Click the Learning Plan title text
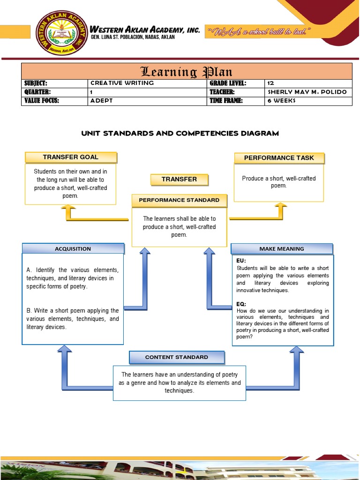click(187, 72)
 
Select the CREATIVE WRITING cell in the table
click(122, 83)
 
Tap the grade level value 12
click(270, 83)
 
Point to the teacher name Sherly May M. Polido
click(307, 92)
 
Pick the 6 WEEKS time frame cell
click(281, 101)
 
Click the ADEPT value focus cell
click(102, 101)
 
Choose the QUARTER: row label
click(37, 92)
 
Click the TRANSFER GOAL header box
click(71, 157)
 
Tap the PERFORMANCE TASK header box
click(279, 158)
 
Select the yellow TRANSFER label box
click(179, 179)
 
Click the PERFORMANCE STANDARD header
click(179, 200)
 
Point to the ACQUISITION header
click(73, 249)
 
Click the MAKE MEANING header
click(282, 249)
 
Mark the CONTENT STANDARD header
click(177, 357)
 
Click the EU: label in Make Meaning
click(241, 261)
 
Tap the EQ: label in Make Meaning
click(241, 304)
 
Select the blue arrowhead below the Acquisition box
click(64, 349)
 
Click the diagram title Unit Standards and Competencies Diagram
click(180, 134)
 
